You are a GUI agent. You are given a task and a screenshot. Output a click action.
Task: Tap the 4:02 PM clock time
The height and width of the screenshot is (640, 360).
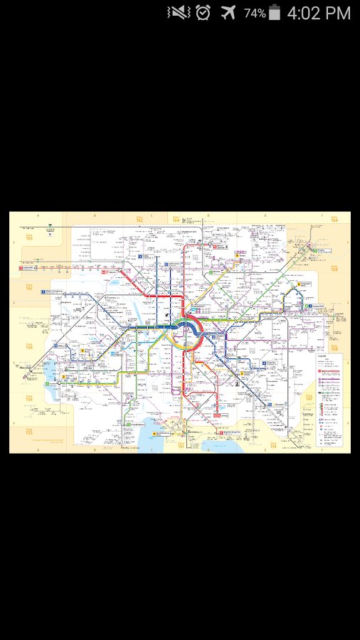tap(319, 13)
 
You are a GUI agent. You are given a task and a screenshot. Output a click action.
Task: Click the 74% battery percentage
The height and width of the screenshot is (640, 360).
tap(255, 13)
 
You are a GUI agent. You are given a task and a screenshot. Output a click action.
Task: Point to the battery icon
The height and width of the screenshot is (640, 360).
tap(275, 13)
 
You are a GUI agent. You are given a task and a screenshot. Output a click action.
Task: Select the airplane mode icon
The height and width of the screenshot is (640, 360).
tap(228, 13)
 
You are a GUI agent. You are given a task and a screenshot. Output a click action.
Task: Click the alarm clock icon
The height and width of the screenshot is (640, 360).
tap(203, 13)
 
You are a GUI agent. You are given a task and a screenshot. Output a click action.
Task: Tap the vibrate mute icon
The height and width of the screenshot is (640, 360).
tap(178, 13)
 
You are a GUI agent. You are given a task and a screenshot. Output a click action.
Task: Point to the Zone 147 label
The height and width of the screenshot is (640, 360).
tap(309, 399)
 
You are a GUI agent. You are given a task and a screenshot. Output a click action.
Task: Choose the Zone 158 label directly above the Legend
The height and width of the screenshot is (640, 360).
tap(334, 269)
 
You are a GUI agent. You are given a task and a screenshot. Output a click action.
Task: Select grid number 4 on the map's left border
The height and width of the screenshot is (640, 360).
tap(13, 363)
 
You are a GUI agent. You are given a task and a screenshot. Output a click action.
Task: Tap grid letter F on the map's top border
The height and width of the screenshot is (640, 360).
tap(321, 214)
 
